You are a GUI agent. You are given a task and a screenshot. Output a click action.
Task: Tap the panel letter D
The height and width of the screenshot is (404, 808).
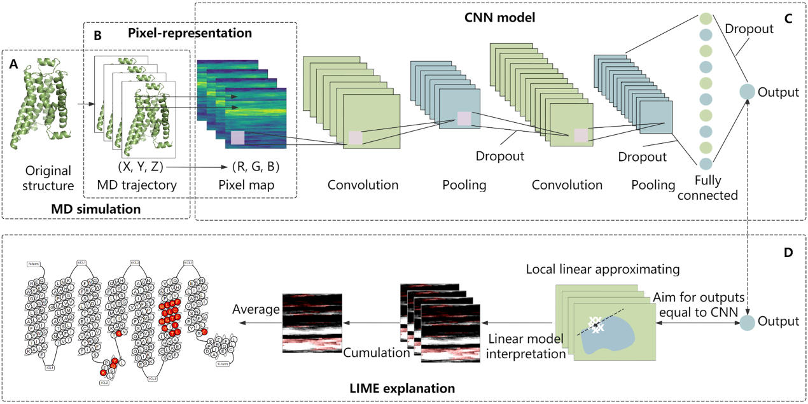(x=788, y=253)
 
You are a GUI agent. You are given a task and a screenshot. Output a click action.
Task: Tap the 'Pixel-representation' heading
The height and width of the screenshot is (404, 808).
(x=190, y=31)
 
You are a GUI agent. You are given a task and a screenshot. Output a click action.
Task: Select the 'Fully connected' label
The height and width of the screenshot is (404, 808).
(x=707, y=189)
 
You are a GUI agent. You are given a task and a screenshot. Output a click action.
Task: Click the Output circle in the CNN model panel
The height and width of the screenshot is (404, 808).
(x=747, y=92)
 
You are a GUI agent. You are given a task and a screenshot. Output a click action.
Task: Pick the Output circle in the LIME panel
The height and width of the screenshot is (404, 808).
(x=747, y=323)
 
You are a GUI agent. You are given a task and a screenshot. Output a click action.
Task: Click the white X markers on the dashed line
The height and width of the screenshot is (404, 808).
(x=596, y=324)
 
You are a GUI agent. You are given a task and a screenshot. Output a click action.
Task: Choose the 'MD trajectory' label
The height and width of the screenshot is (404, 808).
(x=136, y=185)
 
